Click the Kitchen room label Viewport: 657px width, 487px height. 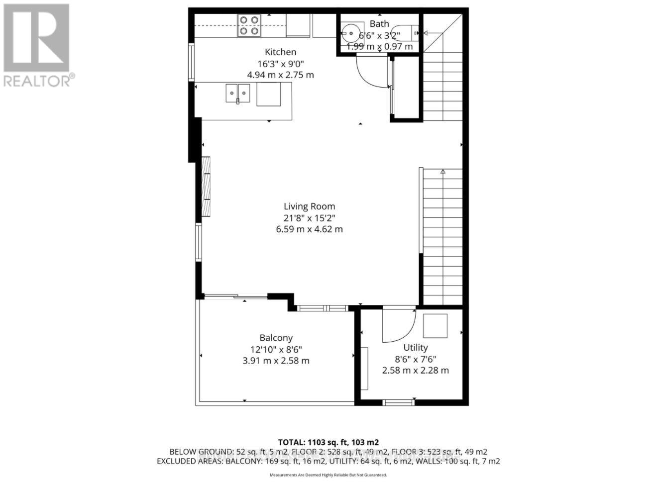tap(280, 52)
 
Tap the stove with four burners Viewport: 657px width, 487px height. tap(249, 25)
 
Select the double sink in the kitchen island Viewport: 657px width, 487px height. tap(238, 93)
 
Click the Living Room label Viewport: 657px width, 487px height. tap(309, 206)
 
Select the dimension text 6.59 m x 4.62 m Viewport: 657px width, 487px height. tap(309, 229)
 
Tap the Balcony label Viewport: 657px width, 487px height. tap(276, 338)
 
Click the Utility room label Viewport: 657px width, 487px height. tap(415, 347)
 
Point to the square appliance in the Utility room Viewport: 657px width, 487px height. tap(435, 326)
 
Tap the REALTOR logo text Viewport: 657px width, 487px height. tap(39, 81)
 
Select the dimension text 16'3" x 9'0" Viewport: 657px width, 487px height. tap(280, 64)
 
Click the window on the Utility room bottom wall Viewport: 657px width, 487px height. tap(399, 402)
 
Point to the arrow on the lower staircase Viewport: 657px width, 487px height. tap(442, 172)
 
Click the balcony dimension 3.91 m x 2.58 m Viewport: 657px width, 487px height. tap(276, 361)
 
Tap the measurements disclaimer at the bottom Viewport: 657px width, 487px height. tap(328, 475)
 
